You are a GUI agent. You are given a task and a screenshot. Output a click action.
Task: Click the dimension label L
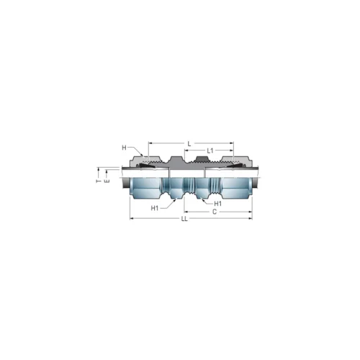point(189,144)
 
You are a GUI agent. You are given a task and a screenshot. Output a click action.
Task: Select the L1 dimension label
point(210,150)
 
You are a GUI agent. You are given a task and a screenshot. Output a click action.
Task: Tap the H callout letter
point(124,148)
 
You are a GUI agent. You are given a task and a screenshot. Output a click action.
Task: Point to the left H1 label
point(155,208)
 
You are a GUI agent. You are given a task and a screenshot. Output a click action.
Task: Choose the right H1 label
point(217,204)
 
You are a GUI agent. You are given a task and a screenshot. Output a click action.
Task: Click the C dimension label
point(215,212)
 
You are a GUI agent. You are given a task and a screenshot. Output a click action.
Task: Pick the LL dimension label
point(184,219)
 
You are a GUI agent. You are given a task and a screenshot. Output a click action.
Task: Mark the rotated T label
point(99,181)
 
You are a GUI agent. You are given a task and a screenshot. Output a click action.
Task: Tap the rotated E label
point(107,181)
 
